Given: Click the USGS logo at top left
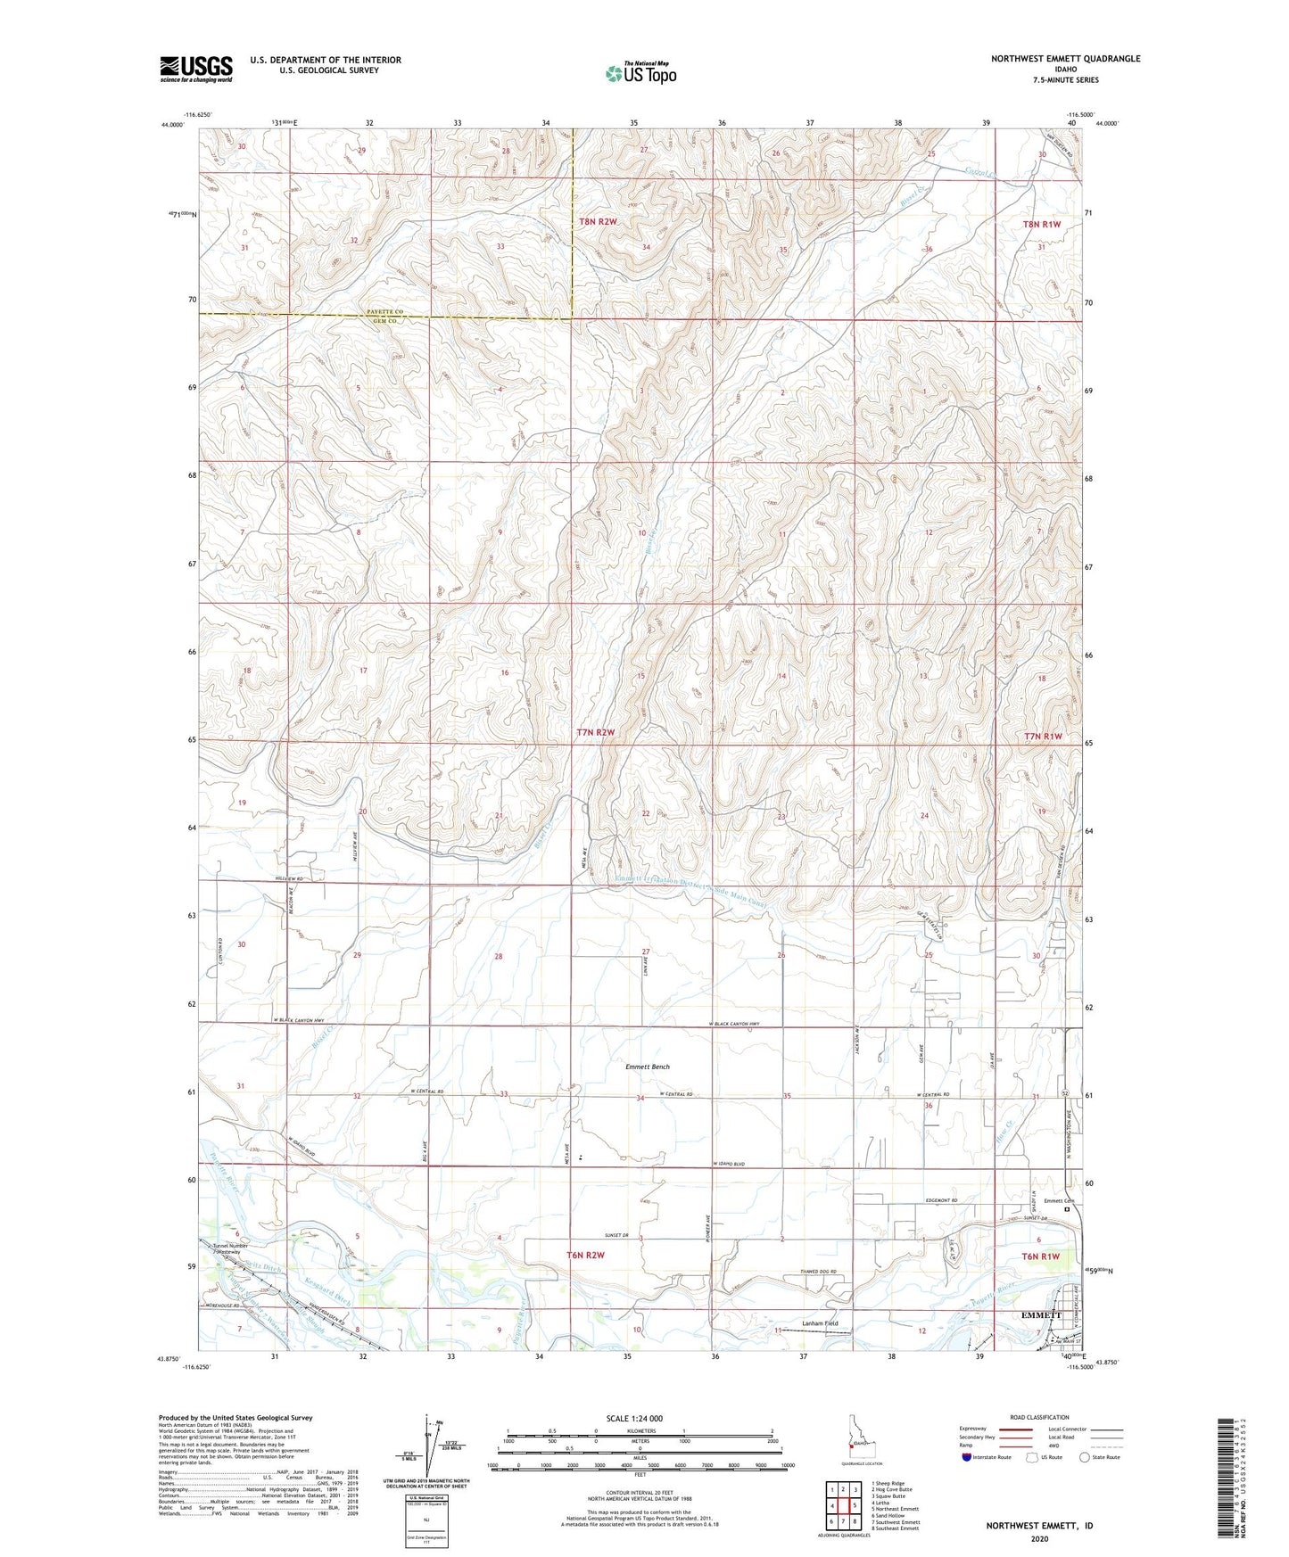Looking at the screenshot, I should click(x=195, y=69).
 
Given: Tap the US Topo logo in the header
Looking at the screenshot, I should click(x=640, y=73).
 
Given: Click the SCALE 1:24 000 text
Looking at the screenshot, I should click(x=634, y=1418).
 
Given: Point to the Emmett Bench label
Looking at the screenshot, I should click(x=647, y=1067).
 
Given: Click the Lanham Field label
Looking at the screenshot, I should click(x=820, y=1323).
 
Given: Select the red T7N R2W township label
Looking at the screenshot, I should click(x=596, y=732).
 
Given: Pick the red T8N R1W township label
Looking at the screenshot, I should click(x=1041, y=225).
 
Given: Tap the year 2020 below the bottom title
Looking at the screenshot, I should click(x=1039, y=1538).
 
